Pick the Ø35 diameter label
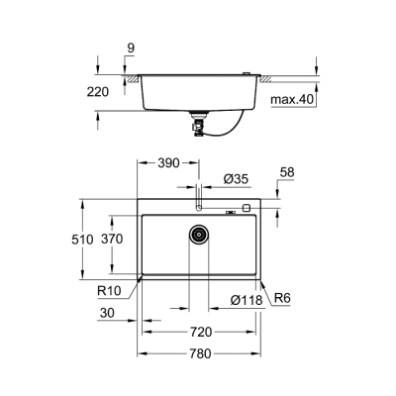[x=236, y=178]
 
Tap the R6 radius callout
[x=281, y=299]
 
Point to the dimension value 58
[x=287, y=173]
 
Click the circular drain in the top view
[x=199, y=235]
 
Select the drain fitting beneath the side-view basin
[x=198, y=122]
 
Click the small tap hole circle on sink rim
[x=199, y=209]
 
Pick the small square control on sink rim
[x=246, y=209]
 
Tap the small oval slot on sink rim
[x=230, y=209]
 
